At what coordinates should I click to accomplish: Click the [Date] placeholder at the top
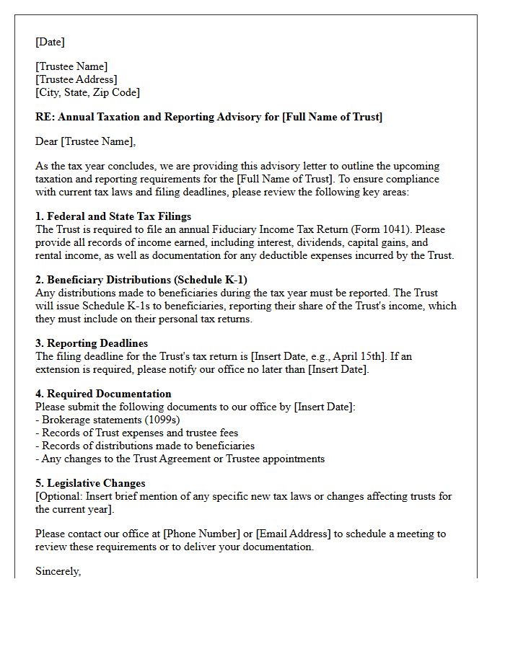tap(50, 42)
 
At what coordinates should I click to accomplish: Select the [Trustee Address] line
tap(76, 79)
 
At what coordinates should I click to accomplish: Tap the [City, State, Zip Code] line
tap(87, 92)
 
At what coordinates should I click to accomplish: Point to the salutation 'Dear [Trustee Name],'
tap(85, 141)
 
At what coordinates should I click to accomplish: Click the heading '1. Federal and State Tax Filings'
tap(113, 216)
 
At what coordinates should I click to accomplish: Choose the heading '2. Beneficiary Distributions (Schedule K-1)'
tap(142, 280)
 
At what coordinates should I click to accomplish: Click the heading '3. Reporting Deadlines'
tap(92, 343)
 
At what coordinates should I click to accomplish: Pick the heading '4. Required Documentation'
tap(103, 394)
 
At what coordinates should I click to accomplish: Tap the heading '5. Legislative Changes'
tap(90, 483)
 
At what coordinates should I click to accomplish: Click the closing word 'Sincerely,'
tap(58, 571)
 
